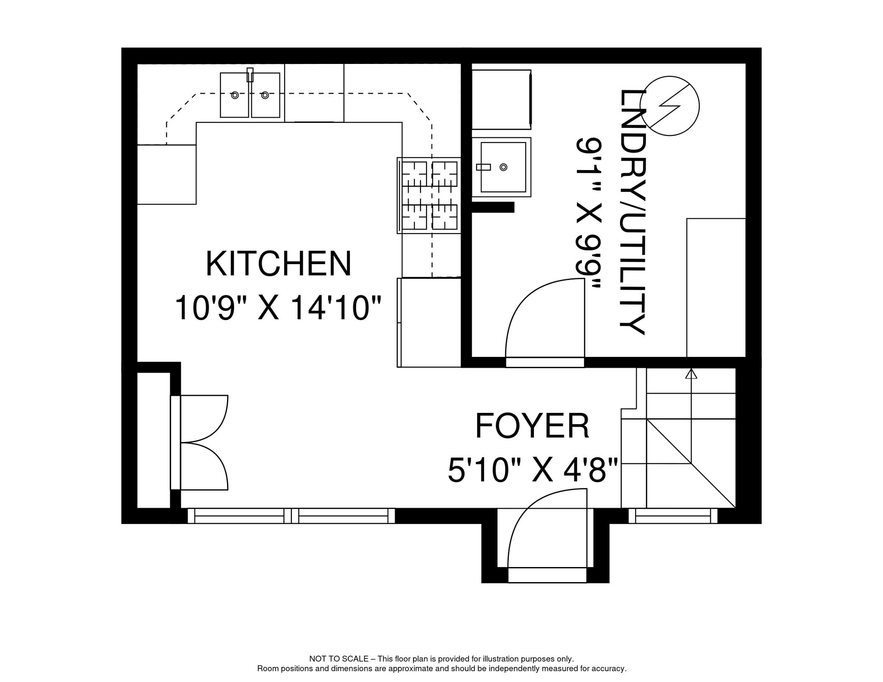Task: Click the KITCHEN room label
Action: pyautogui.click(x=278, y=264)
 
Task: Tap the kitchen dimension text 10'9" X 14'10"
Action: pyautogui.click(x=278, y=308)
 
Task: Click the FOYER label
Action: pyautogui.click(x=532, y=426)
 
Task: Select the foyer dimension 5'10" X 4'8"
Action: pyautogui.click(x=533, y=471)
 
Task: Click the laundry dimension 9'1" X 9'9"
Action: pyautogui.click(x=589, y=212)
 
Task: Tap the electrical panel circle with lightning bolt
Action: pyautogui.click(x=669, y=106)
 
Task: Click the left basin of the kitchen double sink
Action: pyautogui.click(x=235, y=95)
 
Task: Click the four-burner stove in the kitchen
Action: pyautogui.click(x=429, y=195)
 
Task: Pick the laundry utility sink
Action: pyautogui.click(x=501, y=167)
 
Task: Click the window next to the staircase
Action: pyautogui.click(x=673, y=516)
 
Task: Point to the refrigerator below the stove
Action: pyautogui.click(x=429, y=323)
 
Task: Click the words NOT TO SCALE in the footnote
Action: pyautogui.click(x=338, y=659)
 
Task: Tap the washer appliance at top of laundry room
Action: pyautogui.click(x=501, y=99)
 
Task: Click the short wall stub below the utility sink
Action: pyautogui.click(x=493, y=207)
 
